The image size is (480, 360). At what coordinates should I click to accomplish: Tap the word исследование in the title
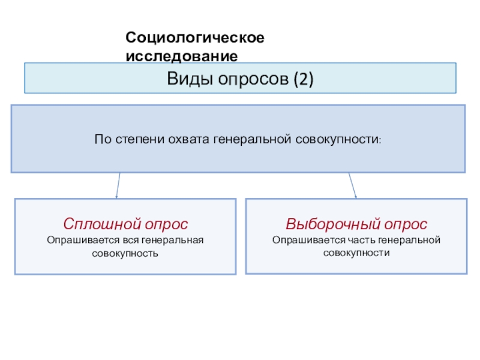pos(182,56)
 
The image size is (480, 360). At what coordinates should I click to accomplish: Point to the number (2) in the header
pos(304,79)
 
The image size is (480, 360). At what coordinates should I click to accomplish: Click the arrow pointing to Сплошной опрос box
pos(118,185)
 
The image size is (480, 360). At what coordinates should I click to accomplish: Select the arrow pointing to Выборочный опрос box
pos(353,185)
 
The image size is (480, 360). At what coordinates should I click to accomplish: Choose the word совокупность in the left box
pos(125,253)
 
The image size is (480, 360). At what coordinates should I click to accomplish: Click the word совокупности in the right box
pos(356,253)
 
